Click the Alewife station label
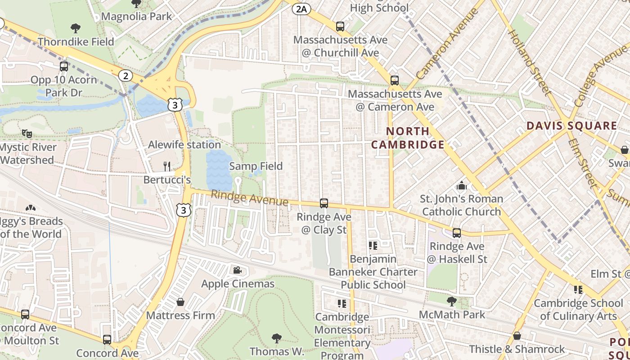click(184, 144)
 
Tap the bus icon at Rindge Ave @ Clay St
click(324, 203)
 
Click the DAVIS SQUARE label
click(571, 126)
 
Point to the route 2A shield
click(301, 9)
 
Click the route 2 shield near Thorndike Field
click(126, 76)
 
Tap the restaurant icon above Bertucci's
click(167, 166)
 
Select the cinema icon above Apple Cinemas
click(237, 270)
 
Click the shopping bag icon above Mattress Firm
click(180, 302)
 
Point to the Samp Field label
click(256, 166)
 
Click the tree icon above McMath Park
click(452, 301)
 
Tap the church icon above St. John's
click(461, 185)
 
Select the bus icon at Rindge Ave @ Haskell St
click(457, 233)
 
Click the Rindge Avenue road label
click(249, 198)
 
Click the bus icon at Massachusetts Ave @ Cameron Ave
click(395, 81)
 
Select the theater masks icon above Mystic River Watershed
click(27, 134)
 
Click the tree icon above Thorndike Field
click(76, 28)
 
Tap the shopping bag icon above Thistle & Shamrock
click(517, 336)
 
